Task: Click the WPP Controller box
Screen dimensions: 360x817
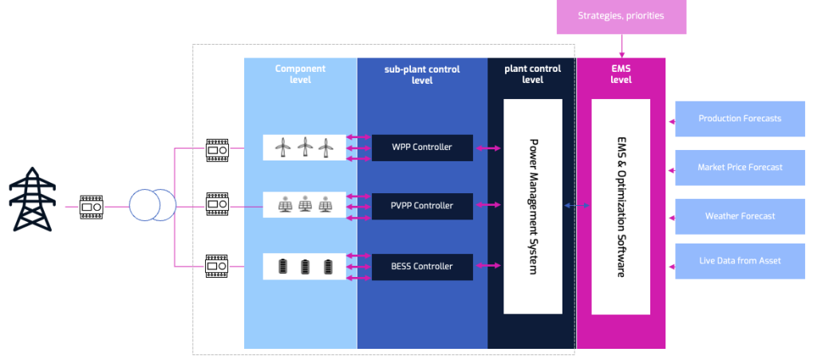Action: [422, 148]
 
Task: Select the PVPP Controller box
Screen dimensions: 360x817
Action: [422, 206]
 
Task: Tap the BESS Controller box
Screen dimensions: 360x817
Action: [422, 267]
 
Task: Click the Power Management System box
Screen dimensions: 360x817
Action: [533, 206]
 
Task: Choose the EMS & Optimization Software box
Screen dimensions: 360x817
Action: [620, 206]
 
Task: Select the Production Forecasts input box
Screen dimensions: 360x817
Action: [740, 119]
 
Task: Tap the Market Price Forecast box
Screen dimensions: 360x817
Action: [740, 168]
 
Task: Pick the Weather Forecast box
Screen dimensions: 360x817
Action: [740, 216]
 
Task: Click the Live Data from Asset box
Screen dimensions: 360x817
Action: [740, 261]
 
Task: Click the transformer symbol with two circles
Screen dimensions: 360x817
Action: [152, 207]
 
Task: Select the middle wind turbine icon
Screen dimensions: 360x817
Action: [303, 147]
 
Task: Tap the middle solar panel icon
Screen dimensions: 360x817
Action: [305, 206]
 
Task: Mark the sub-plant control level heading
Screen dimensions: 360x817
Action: [421, 74]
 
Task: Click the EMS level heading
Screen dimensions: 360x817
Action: [621, 74]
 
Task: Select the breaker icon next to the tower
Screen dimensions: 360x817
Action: [90, 207]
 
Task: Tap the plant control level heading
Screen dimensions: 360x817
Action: [532, 74]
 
